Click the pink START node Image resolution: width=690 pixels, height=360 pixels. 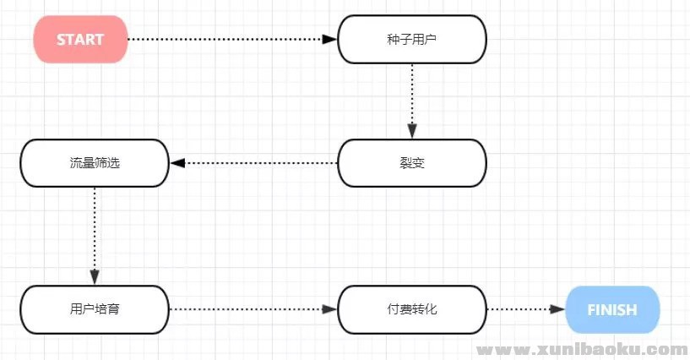point(80,39)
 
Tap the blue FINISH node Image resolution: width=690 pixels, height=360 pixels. point(611,309)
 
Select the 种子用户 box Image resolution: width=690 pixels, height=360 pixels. point(412,39)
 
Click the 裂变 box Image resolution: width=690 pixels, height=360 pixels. point(412,162)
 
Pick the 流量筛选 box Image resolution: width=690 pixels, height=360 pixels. point(95,162)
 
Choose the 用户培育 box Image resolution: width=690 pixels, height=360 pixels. point(95,309)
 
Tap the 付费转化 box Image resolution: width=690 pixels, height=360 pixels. point(412,309)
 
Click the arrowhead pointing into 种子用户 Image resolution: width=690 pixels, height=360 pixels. point(331,39)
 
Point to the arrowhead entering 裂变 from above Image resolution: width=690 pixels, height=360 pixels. point(412,132)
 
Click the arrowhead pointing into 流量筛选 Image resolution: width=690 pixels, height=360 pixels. point(177,162)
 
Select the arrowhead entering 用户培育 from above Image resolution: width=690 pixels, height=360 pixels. point(95,278)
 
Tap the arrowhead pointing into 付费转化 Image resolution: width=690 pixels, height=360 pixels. point(331,309)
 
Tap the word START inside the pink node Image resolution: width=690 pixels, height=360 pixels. point(80,39)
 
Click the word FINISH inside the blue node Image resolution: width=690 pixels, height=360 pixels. point(611,309)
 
